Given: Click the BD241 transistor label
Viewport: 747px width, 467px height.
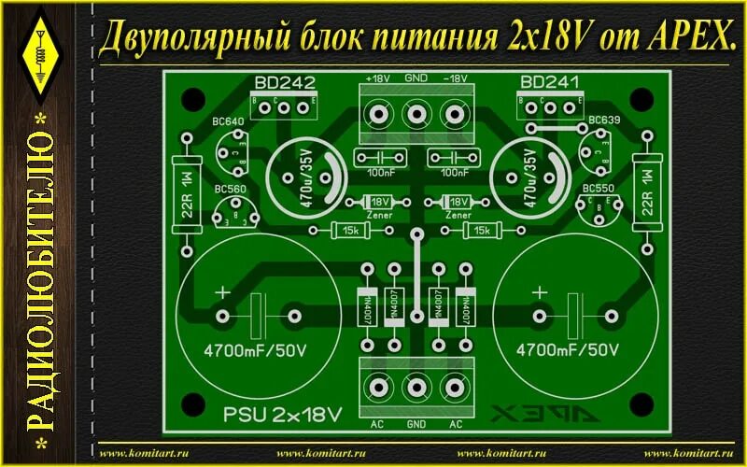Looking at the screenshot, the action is [549, 82].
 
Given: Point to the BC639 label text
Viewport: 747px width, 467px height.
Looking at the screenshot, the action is [604, 121].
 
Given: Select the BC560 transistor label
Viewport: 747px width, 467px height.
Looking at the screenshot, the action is [229, 190].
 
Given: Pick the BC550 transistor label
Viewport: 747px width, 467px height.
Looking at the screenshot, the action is [598, 190].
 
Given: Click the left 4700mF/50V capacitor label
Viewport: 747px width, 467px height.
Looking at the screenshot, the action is [255, 352].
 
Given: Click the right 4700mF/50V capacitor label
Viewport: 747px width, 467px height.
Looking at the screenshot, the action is [568, 352].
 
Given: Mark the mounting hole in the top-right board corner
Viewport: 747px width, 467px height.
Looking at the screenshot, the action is [640, 97].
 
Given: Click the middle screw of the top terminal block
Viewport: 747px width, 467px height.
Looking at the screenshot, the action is [416, 114].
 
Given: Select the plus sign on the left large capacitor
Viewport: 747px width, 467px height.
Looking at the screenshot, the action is [223, 293].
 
